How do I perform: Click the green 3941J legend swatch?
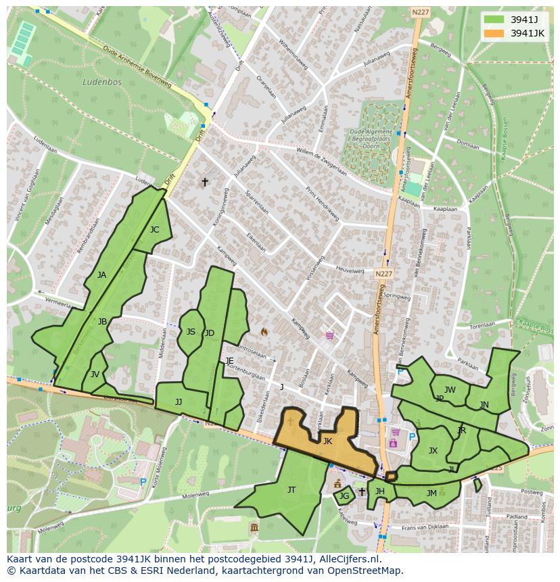(x=495, y=19)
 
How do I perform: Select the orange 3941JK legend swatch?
(x=495, y=33)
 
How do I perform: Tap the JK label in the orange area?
(x=327, y=441)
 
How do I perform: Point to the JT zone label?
(x=291, y=490)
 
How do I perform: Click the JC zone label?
(x=154, y=230)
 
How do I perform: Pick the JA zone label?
(x=101, y=275)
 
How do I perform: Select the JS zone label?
(x=191, y=332)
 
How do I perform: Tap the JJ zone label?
(x=179, y=402)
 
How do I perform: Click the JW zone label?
(x=450, y=390)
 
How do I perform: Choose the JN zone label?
(x=484, y=405)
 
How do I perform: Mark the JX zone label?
(x=433, y=451)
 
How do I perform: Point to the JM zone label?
(x=431, y=493)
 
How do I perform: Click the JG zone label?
(x=344, y=497)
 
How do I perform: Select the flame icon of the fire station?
(x=264, y=332)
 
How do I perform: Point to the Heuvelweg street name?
(x=350, y=270)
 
